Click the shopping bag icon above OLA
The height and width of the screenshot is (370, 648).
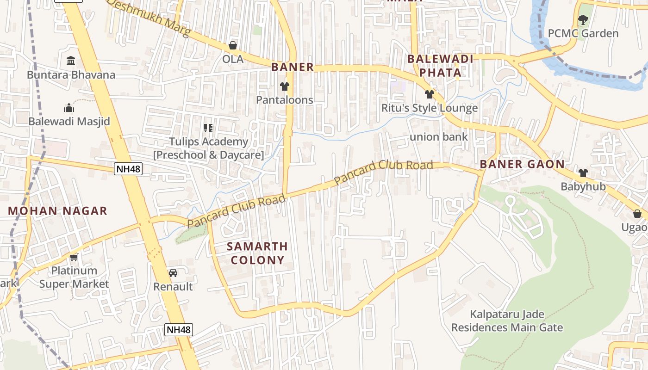tap(233, 45)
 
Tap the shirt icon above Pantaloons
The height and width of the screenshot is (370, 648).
tap(284, 86)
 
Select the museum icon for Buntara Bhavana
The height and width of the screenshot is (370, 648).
tap(71, 61)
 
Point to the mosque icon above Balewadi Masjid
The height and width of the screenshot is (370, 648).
tap(69, 108)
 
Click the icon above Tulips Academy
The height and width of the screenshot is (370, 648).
tap(208, 128)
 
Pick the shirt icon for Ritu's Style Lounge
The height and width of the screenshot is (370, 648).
tap(430, 94)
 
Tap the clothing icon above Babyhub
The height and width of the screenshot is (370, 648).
tap(583, 173)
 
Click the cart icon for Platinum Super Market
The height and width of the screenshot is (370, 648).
tap(74, 257)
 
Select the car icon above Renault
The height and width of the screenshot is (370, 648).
tap(173, 273)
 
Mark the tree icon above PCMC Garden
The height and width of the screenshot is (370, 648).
tap(583, 20)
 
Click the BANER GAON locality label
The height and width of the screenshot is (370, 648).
tap(522, 164)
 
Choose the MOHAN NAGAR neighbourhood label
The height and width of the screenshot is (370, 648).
tap(57, 211)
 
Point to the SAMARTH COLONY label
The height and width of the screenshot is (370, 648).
tap(257, 253)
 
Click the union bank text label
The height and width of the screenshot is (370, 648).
tap(439, 137)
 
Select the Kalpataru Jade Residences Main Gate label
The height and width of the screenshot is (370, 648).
tap(507, 321)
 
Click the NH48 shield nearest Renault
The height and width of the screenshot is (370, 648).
tap(179, 330)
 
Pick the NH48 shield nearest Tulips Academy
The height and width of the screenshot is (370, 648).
tap(128, 169)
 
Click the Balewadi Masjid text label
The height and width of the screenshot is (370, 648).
tap(69, 122)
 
